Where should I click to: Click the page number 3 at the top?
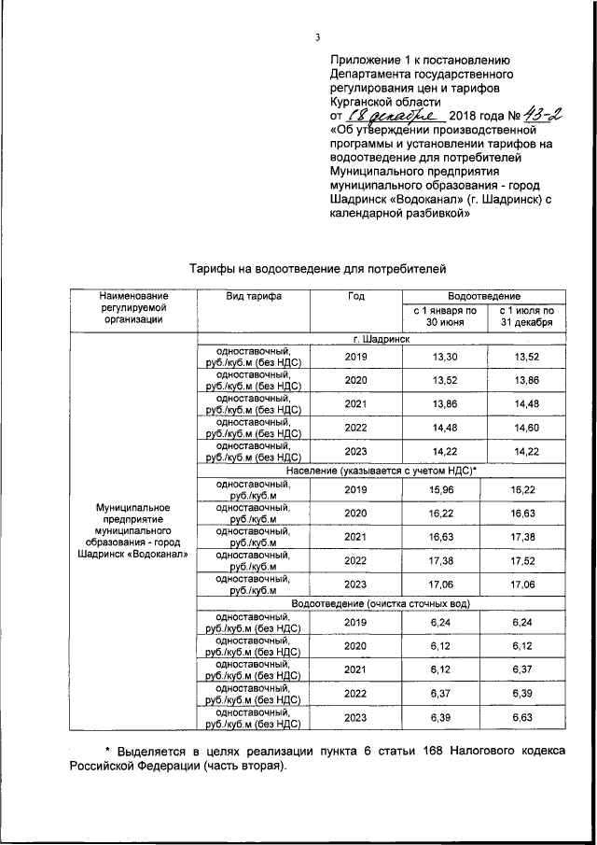point(317,37)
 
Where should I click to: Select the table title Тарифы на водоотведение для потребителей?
point(312,268)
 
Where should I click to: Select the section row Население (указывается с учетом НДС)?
point(382,471)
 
